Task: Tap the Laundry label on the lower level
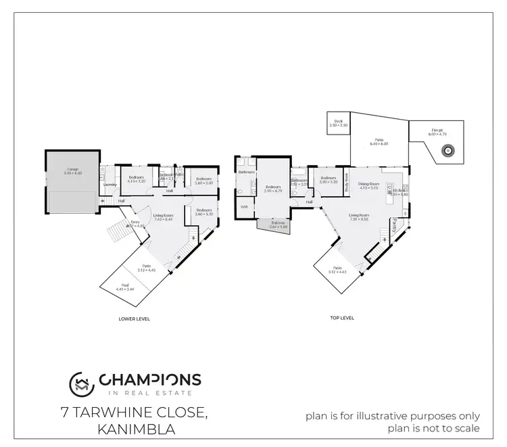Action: (x=107, y=184)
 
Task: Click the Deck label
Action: (x=339, y=123)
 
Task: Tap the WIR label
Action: (x=243, y=208)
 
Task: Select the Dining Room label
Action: (x=368, y=185)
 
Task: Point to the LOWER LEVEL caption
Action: (x=134, y=318)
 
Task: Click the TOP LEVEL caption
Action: (x=342, y=318)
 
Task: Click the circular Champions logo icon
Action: (x=81, y=383)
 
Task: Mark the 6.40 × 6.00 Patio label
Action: (x=379, y=141)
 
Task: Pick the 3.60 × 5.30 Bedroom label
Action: (x=205, y=212)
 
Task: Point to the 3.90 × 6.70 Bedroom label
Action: (x=273, y=188)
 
